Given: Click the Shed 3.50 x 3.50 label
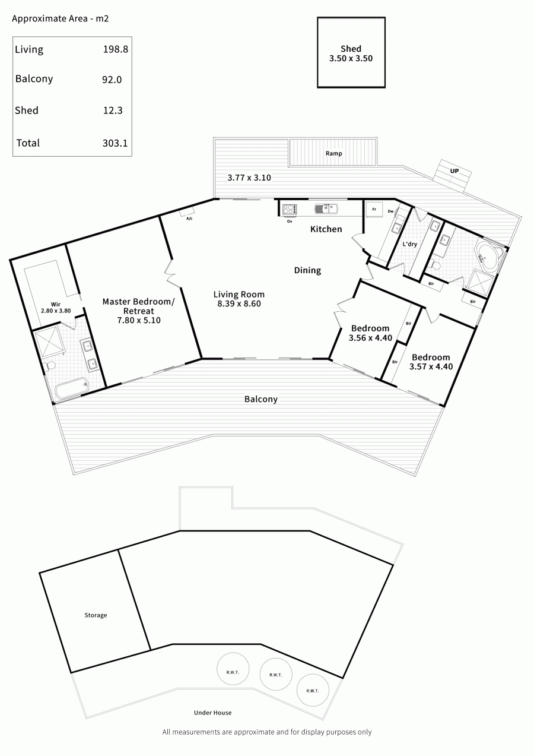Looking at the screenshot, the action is click(x=351, y=53).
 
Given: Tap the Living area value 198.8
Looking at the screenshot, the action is click(x=116, y=49).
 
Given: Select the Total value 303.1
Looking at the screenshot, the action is click(x=115, y=143).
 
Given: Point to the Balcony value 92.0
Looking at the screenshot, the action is click(x=112, y=80).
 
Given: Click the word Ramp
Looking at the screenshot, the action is click(x=333, y=153).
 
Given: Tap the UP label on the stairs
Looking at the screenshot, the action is click(x=454, y=171).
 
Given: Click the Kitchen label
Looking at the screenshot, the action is click(x=326, y=229).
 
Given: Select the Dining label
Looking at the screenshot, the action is click(x=307, y=270).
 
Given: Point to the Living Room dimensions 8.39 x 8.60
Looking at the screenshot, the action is click(x=239, y=303).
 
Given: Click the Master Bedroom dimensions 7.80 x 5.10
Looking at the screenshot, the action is click(x=139, y=320).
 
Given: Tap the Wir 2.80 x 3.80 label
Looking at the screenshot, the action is click(x=56, y=308).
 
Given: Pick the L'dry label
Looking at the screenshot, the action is click(x=410, y=244).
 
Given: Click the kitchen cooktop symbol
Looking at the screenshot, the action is click(x=290, y=210).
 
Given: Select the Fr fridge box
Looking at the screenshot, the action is click(x=374, y=209).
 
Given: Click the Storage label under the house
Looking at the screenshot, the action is click(x=96, y=615).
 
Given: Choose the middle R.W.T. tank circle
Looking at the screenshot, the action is click(x=276, y=674).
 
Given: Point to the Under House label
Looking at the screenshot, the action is click(x=213, y=713).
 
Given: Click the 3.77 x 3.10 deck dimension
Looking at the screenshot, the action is click(x=249, y=178).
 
